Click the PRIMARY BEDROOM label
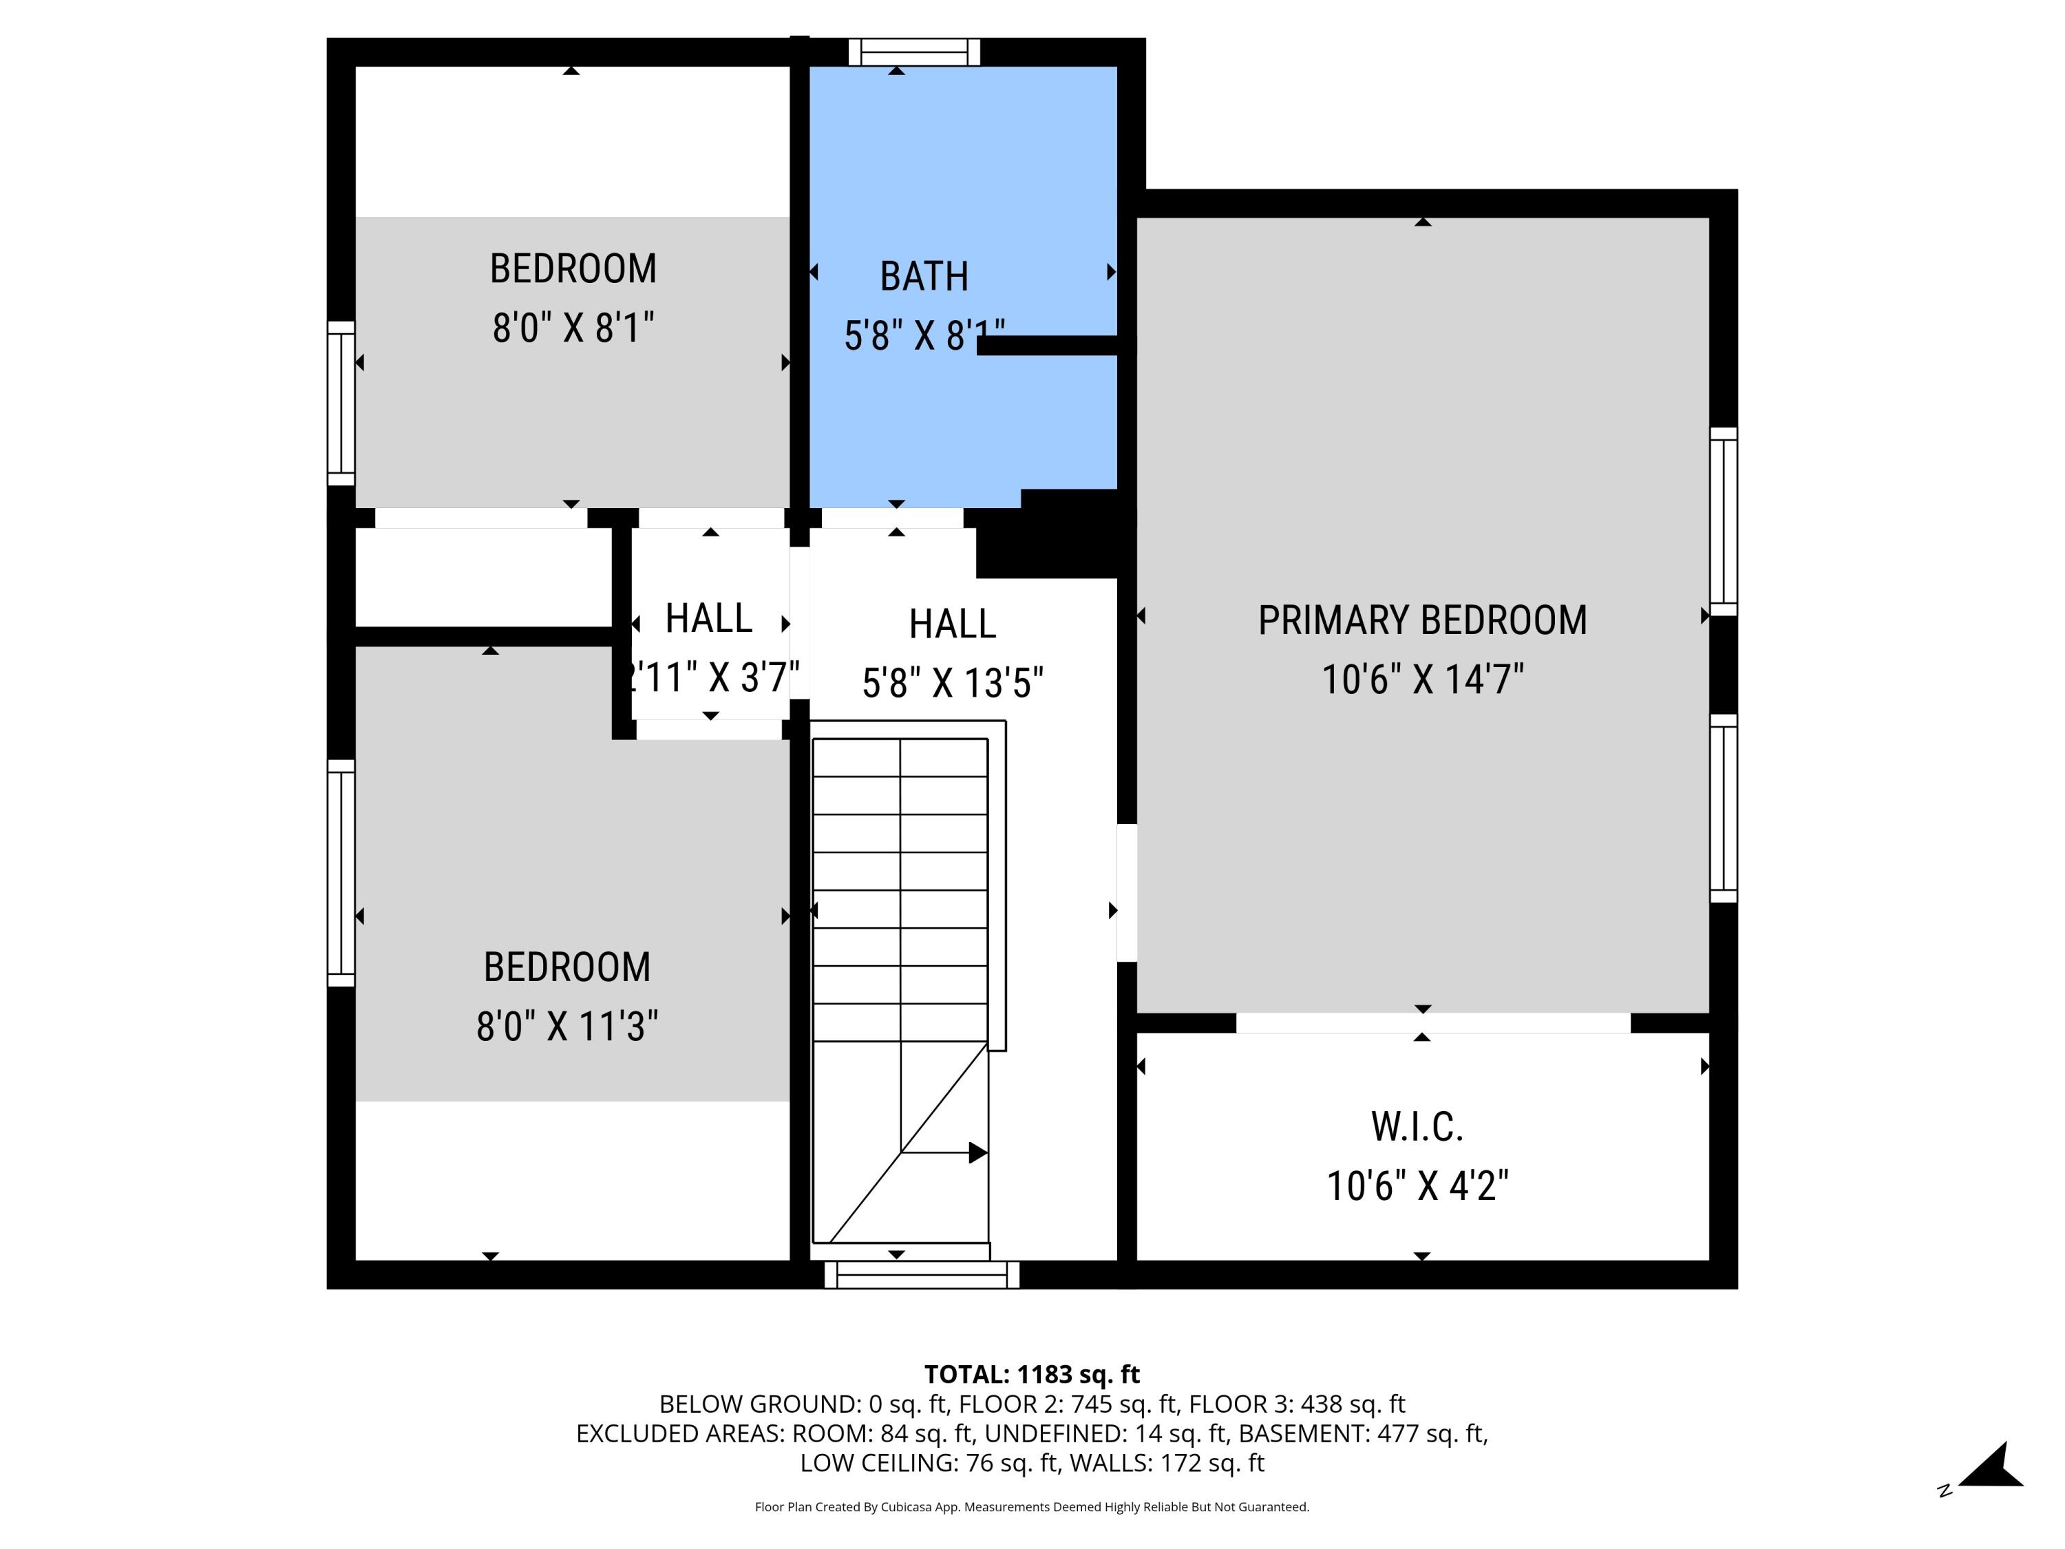click(x=1422, y=621)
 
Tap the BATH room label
click(x=924, y=276)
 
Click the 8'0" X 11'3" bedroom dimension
click(x=566, y=1026)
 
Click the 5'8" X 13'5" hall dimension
click(x=952, y=682)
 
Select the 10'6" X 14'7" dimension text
click(x=1422, y=679)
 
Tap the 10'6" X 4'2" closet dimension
click(x=1417, y=1186)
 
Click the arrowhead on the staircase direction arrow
click(x=977, y=1153)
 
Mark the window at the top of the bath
click(x=914, y=52)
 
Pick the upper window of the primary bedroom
click(x=1724, y=522)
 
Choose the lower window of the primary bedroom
click(x=1724, y=809)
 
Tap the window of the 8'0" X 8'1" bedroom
click(x=341, y=403)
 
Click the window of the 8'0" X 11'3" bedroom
click(x=341, y=873)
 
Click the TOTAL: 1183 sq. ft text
click(x=1032, y=1374)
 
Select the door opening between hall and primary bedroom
click(x=1127, y=893)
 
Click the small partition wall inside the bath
click(x=1048, y=346)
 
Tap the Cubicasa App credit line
click(x=1032, y=1507)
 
